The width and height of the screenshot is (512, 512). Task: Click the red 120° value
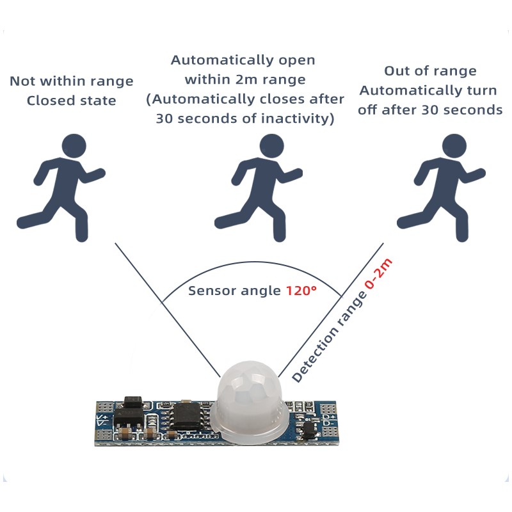coord(301,291)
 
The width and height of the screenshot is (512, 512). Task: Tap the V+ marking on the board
coord(102,419)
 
